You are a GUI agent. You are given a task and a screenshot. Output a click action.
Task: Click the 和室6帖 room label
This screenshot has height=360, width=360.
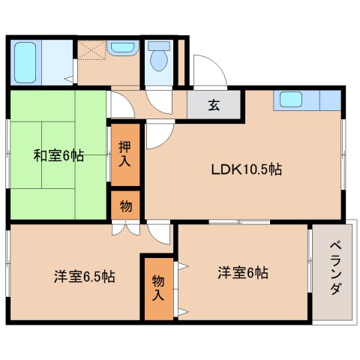tap(58, 156)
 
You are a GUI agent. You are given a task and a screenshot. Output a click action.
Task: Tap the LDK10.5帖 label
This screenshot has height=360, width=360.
tap(245, 169)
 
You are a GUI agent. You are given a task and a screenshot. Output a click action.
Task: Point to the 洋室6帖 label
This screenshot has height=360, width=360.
tap(243, 272)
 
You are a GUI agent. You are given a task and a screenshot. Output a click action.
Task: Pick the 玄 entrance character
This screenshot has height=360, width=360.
tap(214, 105)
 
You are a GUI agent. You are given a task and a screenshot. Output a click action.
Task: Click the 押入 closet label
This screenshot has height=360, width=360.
tap(125, 153)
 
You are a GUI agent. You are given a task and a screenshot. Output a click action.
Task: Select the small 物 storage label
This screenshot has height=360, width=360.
tap(124, 204)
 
